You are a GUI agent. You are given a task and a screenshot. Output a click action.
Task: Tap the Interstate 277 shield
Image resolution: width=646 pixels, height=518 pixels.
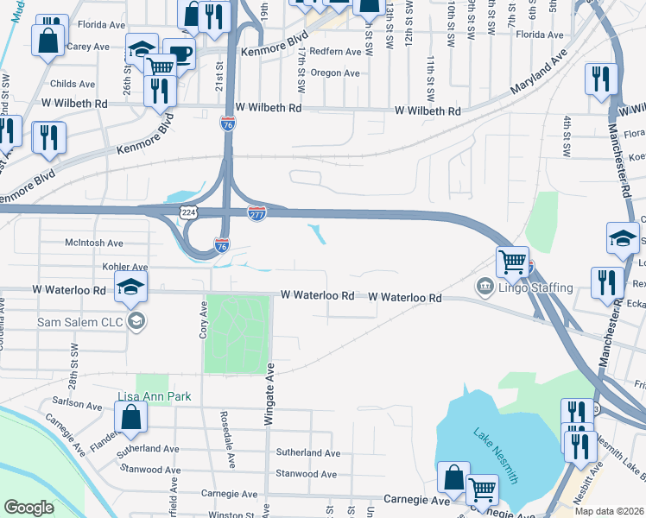256,213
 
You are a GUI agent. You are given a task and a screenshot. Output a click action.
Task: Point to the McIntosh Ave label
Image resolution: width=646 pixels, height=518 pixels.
94,243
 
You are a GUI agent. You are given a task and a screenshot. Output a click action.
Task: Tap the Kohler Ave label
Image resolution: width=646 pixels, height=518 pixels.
125,268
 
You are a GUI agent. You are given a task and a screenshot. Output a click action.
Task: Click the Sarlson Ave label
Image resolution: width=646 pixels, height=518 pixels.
77,403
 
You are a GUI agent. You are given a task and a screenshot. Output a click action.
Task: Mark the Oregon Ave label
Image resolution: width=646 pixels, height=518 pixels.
333,73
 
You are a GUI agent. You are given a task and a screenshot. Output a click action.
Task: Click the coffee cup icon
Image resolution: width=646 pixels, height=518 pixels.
180,54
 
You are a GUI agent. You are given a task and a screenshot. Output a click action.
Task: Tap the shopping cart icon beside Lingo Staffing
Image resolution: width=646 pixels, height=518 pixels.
512,262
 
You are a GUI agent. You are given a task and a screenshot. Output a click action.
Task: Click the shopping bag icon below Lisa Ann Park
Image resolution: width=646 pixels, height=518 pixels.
130,417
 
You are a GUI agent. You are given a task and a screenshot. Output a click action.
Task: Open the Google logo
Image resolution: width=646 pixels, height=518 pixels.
30,508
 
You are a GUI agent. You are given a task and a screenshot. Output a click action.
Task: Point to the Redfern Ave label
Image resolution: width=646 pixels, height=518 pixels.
335,52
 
